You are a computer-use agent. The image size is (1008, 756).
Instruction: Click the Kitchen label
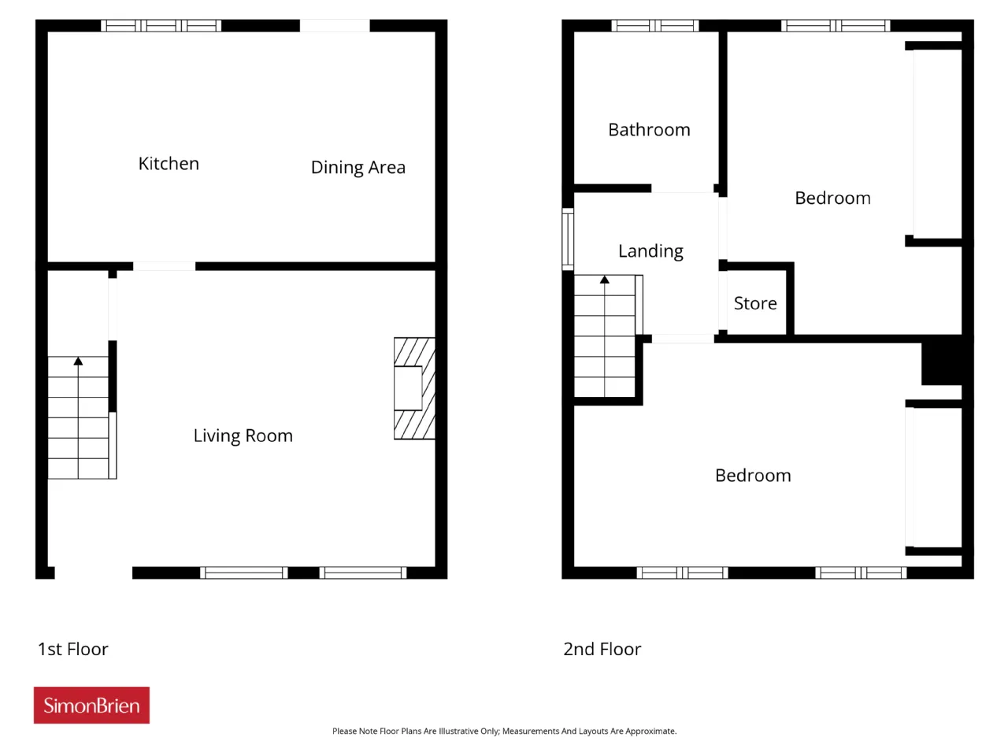pyautogui.click(x=169, y=164)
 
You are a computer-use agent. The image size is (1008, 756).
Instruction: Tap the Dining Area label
pyautogui.click(x=358, y=168)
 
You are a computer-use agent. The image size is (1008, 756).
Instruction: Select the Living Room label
pyautogui.click(x=243, y=435)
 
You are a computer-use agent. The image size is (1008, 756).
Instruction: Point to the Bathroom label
pyautogui.click(x=649, y=130)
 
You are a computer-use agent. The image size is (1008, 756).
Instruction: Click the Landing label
pyautogui.click(x=650, y=251)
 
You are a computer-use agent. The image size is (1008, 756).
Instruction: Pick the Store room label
pyautogui.click(x=755, y=303)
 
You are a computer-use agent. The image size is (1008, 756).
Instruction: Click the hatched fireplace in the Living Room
pyautogui.click(x=414, y=388)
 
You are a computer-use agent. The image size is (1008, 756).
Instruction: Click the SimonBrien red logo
pyautogui.click(x=91, y=705)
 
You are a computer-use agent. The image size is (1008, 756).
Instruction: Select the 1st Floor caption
pyautogui.click(x=73, y=649)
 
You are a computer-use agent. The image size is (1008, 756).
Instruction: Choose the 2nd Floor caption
pyautogui.click(x=602, y=649)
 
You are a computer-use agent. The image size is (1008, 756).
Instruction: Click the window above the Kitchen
pyautogui.click(x=161, y=26)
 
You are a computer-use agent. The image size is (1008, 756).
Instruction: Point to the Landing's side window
pyautogui.click(x=568, y=239)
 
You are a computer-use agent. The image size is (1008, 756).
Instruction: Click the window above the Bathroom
pyautogui.click(x=655, y=26)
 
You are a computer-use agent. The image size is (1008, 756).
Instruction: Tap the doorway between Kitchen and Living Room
pyautogui.click(x=164, y=266)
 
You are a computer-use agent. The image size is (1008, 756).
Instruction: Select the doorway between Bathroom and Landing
pyautogui.click(x=683, y=188)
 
